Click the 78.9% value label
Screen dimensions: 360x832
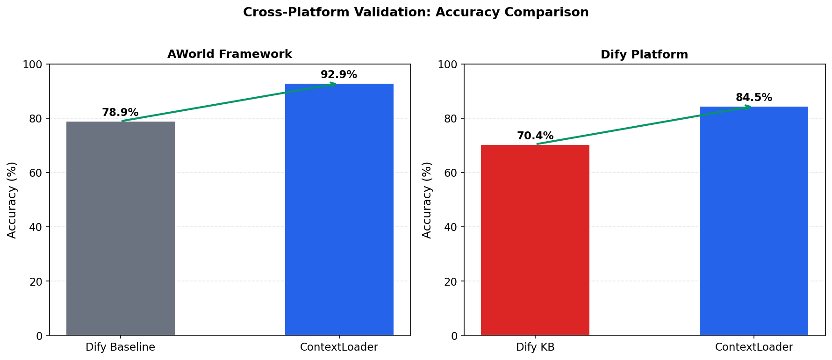click(x=120, y=113)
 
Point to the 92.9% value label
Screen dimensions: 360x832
click(x=339, y=75)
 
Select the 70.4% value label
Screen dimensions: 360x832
click(x=535, y=136)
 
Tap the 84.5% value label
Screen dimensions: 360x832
click(x=754, y=98)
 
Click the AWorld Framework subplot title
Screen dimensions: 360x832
click(x=230, y=54)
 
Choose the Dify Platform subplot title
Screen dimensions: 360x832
click(x=644, y=55)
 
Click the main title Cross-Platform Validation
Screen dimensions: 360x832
click(x=416, y=13)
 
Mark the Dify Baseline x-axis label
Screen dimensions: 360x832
click(x=120, y=347)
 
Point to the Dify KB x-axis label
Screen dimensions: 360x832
click(x=535, y=347)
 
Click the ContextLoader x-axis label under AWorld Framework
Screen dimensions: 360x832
click(x=339, y=347)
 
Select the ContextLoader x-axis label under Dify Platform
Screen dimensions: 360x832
click(x=754, y=347)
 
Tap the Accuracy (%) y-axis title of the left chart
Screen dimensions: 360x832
click(x=12, y=200)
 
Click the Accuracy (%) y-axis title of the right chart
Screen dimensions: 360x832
click(x=427, y=200)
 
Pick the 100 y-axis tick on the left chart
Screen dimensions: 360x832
click(x=32, y=65)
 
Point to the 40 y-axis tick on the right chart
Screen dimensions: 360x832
click(x=450, y=227)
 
